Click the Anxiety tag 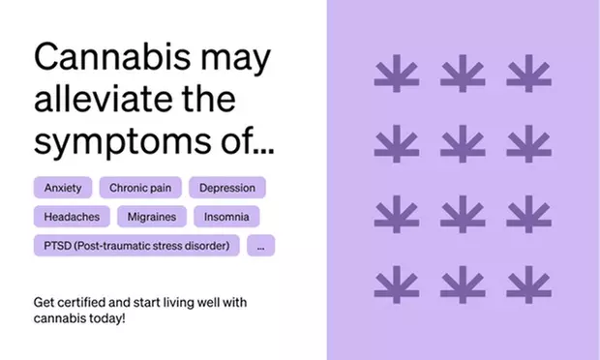tap(63, 188)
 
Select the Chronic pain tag tap(140, 188)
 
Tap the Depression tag tap(227, 188)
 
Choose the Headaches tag tap(71, 217)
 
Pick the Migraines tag tap(154, 217)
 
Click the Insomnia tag tap(226, 217)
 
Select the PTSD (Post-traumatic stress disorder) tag tap(136, 246)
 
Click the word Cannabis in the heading tap(114, 59)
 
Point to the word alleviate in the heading tap(103, 100)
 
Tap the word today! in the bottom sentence tap(106, 317)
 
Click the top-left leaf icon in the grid tap(396, 74)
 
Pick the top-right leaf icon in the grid tap(528, 74)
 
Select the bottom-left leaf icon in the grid tap(396, 284)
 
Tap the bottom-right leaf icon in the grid tap(528, 284)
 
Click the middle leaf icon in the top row tap(462, 74)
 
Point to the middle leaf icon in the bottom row tap(462, 284)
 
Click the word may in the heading tap(238, 59)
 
